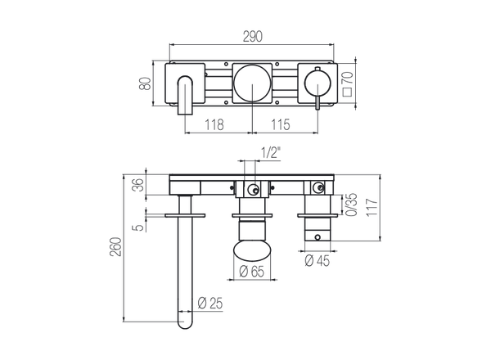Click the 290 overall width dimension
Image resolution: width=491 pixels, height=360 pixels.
[252, 37]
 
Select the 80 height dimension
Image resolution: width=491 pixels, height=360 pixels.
[146, 83]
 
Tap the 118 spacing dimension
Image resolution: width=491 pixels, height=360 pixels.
[214, 124]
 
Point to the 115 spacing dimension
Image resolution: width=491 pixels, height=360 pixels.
[281, 124]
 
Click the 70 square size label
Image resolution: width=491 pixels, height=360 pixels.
[348, 78]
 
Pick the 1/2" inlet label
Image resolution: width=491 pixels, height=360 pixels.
[271, 152]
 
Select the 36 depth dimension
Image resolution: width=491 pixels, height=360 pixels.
[139, 185]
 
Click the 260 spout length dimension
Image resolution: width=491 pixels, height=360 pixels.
[115, 247]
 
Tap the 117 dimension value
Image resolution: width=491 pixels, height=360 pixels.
[372, 207]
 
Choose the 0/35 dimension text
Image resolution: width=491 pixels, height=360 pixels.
[352, 205]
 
